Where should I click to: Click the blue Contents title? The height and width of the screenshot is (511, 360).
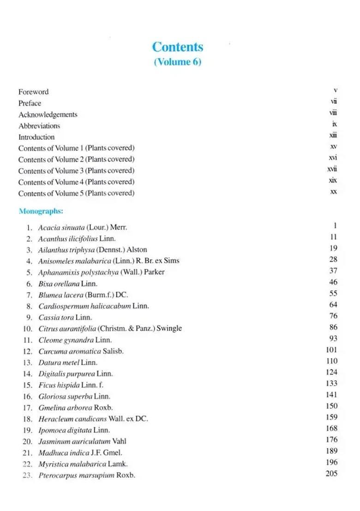[x=177, y=47]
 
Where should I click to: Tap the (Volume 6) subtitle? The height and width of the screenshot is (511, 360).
[x=177, y=62]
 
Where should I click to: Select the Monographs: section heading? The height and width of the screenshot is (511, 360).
[x=41, y=211]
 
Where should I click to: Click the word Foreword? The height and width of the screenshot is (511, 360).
[x=33, y=92]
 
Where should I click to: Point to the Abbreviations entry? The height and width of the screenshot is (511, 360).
[x=39, y=125]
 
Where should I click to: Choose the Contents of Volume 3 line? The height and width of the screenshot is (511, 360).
[x=76, y=171]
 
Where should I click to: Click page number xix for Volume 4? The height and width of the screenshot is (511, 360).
[x=333, y=180]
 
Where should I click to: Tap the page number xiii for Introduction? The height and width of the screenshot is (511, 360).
[x=333, y=136]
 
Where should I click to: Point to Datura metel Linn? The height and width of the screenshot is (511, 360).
[x=68, y=362]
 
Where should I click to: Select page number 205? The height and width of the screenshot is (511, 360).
[x=331, y=473]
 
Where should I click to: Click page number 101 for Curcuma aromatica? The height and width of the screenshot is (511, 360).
[x=331, y=350]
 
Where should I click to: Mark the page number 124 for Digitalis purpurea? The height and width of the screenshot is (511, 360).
[x=331, y=372]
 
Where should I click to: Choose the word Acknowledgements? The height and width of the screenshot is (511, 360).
[x=48, y=114]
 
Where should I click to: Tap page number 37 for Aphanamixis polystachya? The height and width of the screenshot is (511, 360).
[x=333, y=271]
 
